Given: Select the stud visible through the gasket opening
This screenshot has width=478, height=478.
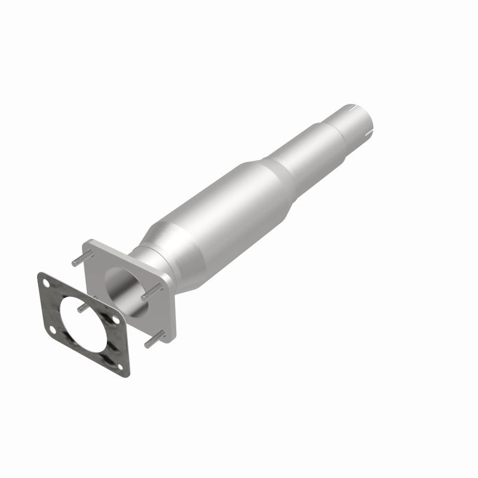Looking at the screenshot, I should (84, 306).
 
